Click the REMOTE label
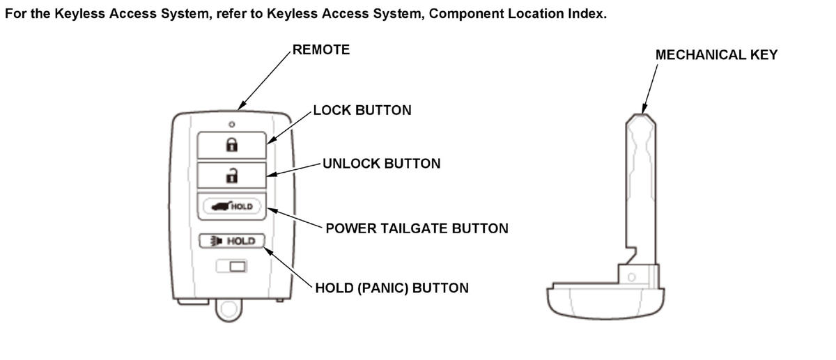tap(321, 49)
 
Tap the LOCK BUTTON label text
tap(362, 110)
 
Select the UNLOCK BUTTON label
tap(382, 164)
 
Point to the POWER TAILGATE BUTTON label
tap(417, 228)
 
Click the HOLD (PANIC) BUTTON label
tap(392, 288)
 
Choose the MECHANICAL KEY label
tap(717, 55)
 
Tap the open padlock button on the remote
tap(232, 175)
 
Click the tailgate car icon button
tap(232, 206)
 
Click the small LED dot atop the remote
tap(232, 124)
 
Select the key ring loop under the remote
tap(229, 310)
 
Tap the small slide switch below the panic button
tap(232, 267)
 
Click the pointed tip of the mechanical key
tap(641, 115)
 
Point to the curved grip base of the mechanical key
tap(605, 302)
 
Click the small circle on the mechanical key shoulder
tap(631, 277)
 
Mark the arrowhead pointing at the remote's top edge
tap(242, 105)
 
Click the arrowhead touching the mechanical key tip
tap(644, 108)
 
